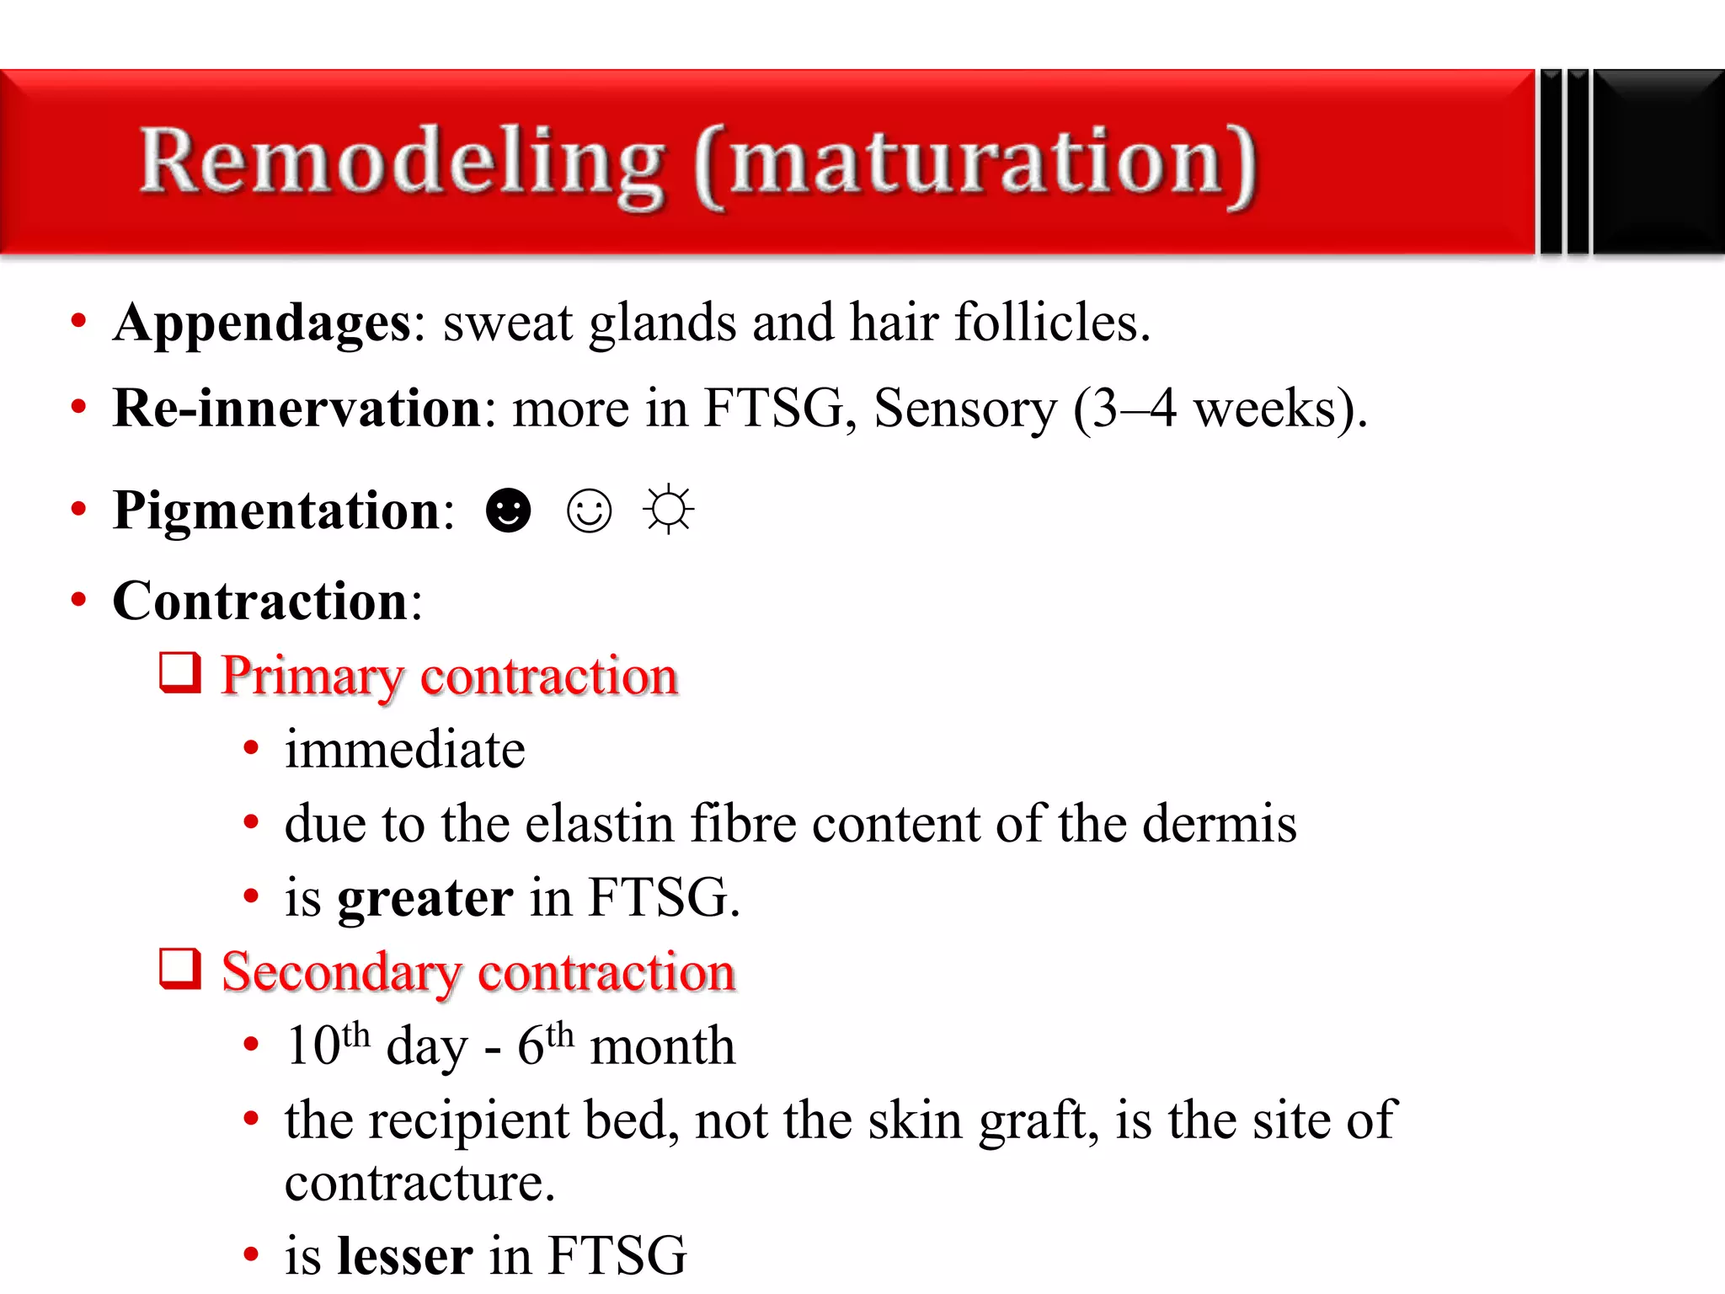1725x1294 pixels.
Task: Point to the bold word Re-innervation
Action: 296,409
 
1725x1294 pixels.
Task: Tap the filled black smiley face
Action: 509,511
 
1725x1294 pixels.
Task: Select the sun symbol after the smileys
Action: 669,510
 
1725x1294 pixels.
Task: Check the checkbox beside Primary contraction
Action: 180,673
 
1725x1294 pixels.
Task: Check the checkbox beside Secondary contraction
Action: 180,969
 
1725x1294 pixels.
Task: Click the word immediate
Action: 404,750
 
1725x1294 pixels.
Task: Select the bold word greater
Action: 425,898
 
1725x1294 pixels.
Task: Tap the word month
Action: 663,1046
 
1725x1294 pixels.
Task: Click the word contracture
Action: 419,1183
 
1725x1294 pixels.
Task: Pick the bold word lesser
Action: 404,1256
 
